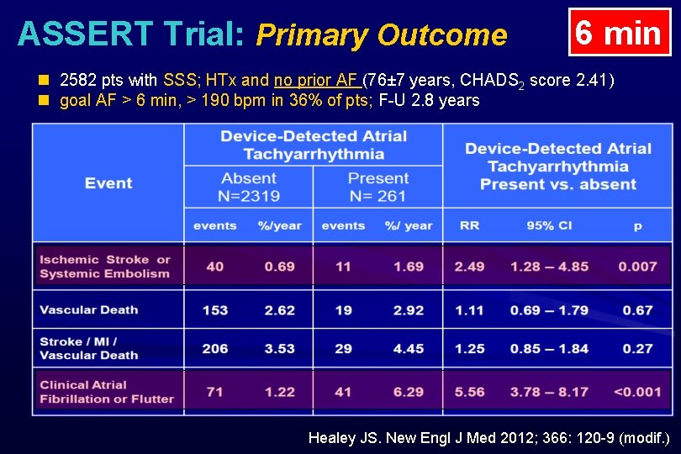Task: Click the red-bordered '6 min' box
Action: coord(619,33)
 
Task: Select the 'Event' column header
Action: coord(108,183)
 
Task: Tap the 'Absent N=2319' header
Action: coord(248,187)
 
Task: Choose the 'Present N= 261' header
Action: coord(377,187)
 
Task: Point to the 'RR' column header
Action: coord(469,225)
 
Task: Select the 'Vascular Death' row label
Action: coord(89,309)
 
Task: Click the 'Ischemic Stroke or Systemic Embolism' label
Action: coord(105,267)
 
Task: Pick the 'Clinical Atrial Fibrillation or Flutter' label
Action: coord(107,392)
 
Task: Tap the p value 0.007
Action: coord(637,267)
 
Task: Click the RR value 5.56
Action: coord(469,392)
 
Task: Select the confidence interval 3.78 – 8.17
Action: coord(549,392)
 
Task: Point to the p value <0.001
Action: coord(637,392)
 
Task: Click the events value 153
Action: coord(215,309)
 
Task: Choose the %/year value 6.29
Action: coord(409,392)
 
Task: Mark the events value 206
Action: coord(215,348)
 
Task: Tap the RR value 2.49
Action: coord(469,267)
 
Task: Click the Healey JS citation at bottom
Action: coord(488,438)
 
